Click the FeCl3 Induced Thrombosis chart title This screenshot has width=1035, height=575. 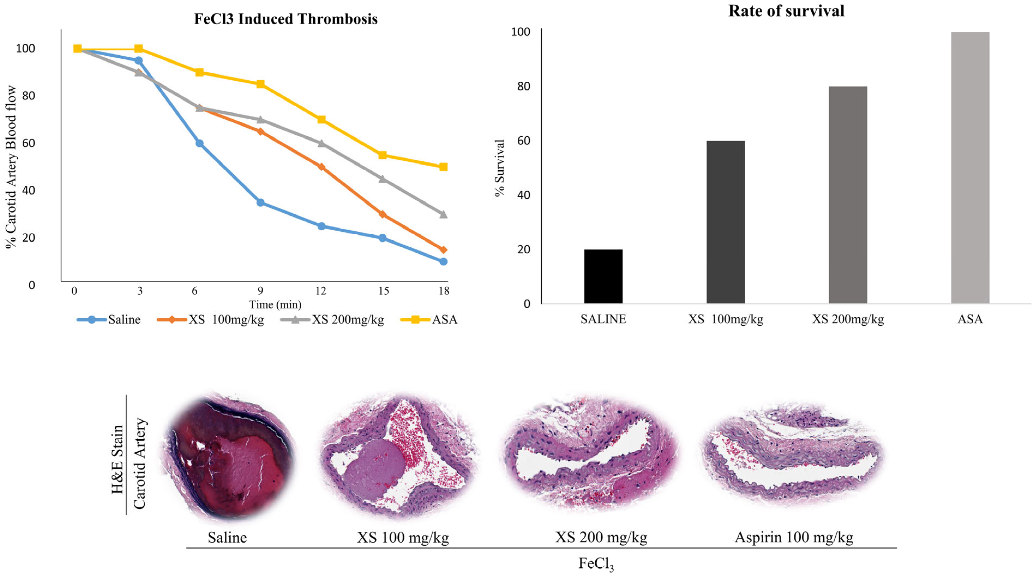pyautogui.click(x=286, y=19)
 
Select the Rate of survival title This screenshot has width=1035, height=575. pyautogui.click(x=786, y=11)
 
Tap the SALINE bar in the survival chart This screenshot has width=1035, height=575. pyautogui.click(x=603, y=276)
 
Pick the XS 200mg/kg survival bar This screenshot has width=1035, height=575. pyautogui.click(x=848, y=195)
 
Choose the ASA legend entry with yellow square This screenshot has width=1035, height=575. pyautogui.click(x=430, y=320)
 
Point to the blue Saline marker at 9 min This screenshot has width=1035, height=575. pyautogui.click(x=260, y=202)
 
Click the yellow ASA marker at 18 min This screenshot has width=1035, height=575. pyautogui.click(x=443, y=167)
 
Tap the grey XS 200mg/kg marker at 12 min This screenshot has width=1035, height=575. pyautogui.click(x=321, y=143)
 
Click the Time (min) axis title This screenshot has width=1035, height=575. pyautogui.click(x=275, y=304)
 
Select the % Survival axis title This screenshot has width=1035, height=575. pyautogui.click(x=499, y=168)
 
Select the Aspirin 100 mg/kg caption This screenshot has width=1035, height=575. pyautogui.click(x=794, y=537)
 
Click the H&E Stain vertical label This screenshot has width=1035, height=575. pyautogui.click(x=117, y=459)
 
